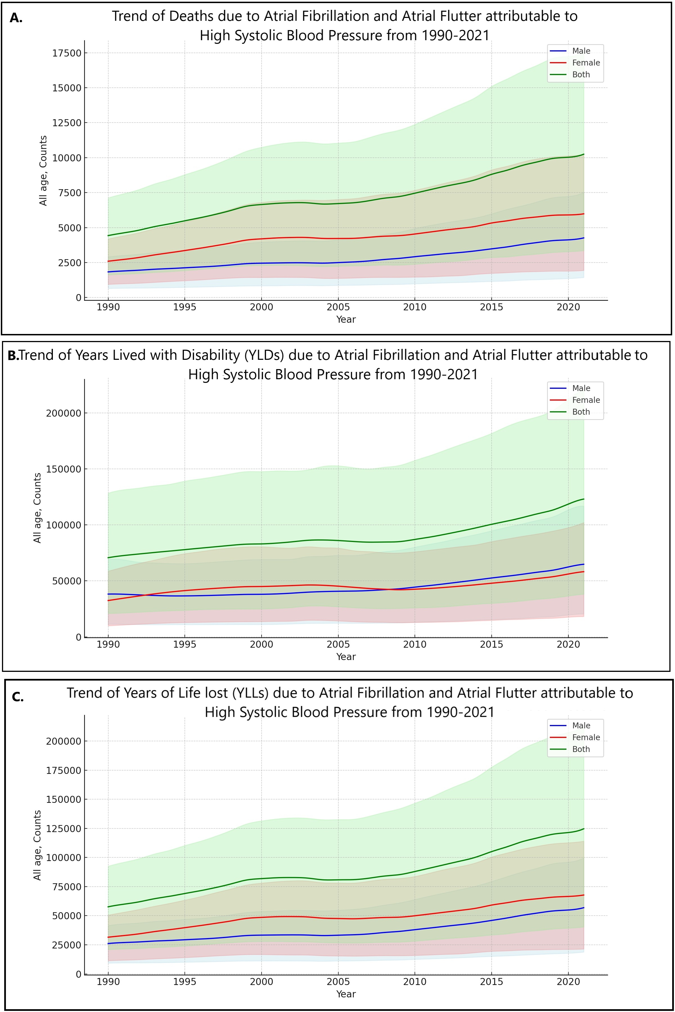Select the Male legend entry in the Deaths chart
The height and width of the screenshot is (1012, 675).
coord(581,51)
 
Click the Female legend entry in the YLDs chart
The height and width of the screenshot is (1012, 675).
coord(586,400)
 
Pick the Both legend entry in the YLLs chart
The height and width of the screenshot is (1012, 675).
coord(581,749)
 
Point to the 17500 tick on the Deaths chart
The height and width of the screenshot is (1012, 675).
coord(66,53)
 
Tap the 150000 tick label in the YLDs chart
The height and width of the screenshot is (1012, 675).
coord(63,469)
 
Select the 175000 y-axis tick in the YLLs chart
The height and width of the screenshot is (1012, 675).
coord(63,770)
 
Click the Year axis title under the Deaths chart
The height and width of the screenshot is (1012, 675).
coord(346,319)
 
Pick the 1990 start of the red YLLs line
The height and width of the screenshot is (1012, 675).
coord(108,937)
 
